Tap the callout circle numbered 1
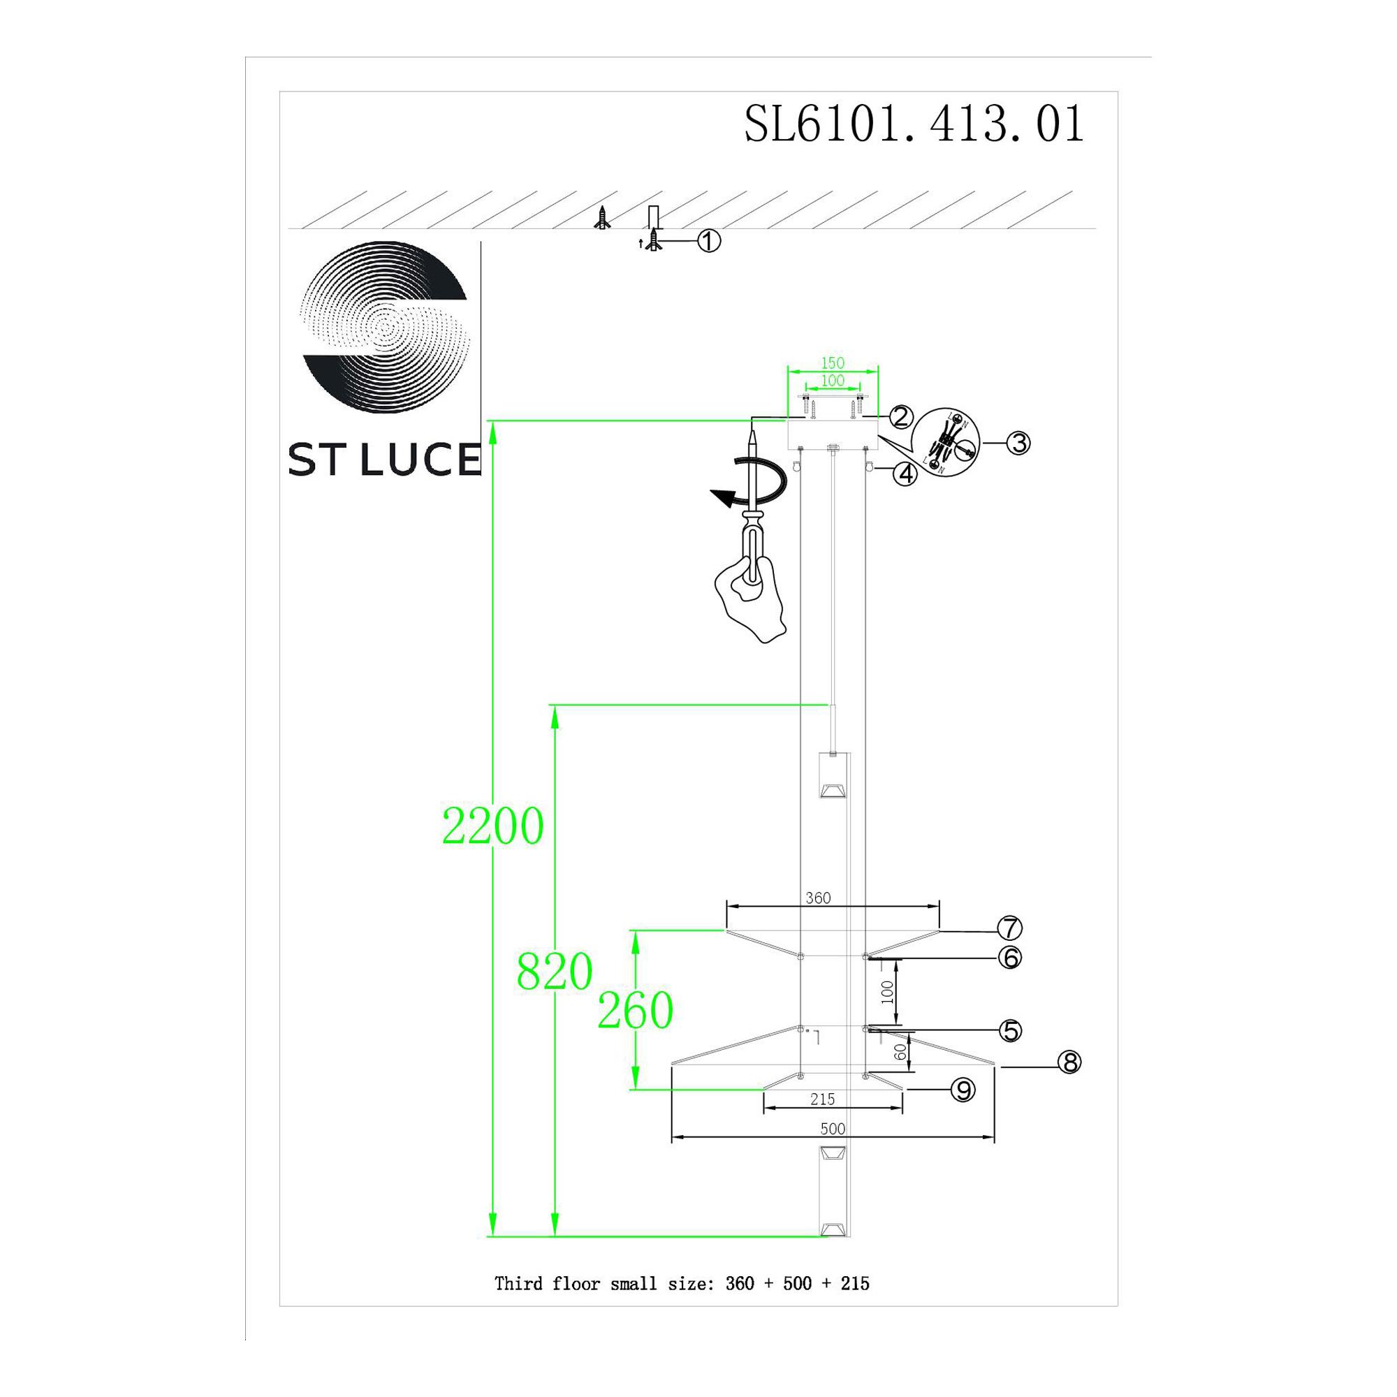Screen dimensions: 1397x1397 click(708, 241)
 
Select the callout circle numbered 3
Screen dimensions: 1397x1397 click(1018, 443)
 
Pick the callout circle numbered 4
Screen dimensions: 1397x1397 click(905, 474)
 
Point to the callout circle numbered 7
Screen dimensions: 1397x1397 click(1009, 928)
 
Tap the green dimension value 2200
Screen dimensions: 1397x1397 click(492, 826)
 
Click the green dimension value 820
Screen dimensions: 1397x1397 click(555, 972)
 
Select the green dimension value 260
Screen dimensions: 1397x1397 click(635, 1011)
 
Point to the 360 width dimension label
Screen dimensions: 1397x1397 click(818, 898)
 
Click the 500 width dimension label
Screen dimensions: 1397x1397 click(833, 1129)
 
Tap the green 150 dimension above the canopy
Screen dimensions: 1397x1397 click(833, 363)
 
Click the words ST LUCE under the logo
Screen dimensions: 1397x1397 click(384, 459)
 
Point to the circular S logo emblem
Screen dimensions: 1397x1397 click(386, 327)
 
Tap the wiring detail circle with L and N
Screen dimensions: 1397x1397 click(945, 444)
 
